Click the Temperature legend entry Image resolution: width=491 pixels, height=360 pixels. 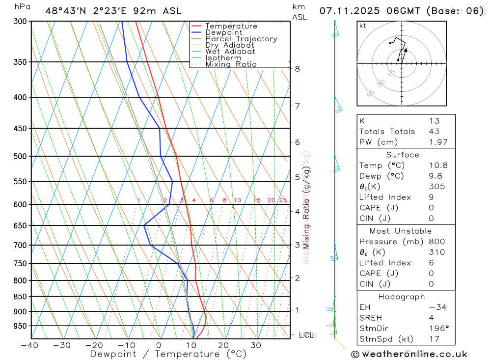(231, 26)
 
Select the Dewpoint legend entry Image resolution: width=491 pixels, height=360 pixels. (223, 32)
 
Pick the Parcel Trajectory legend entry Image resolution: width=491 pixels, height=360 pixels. (241, 39)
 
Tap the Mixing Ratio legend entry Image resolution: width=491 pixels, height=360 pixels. (231, 64)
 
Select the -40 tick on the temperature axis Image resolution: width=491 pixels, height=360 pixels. (30, 345)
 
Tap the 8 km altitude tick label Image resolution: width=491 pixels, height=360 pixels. (297, 69)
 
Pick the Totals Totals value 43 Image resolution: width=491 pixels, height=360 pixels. (434, 131)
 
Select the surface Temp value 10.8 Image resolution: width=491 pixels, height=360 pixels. (438, 166)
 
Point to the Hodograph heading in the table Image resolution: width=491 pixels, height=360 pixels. (402, 297)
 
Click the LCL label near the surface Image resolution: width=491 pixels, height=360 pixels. (306, 335)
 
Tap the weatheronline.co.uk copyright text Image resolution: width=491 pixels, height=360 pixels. (409, 354)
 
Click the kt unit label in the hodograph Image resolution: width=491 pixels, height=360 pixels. (363, 26)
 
